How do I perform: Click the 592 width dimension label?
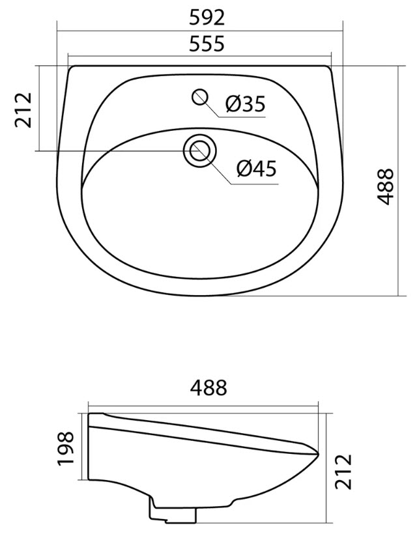pyautogui.click(x=207, y=18)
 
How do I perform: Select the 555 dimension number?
pyautogui.click(x=207, y=44)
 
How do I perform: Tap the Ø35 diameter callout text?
pyautogui.click(x=245, y=104)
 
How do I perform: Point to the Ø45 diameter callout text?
pyautogui.click(x=256, y=168)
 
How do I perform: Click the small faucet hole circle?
pyautogui.click(x=200, y=97)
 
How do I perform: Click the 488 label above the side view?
pyautogui.click(x=208, y=388)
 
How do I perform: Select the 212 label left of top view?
pyautogui.click(x=23, y=109)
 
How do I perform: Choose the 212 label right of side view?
pyautogui.click(x=343, y=472)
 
